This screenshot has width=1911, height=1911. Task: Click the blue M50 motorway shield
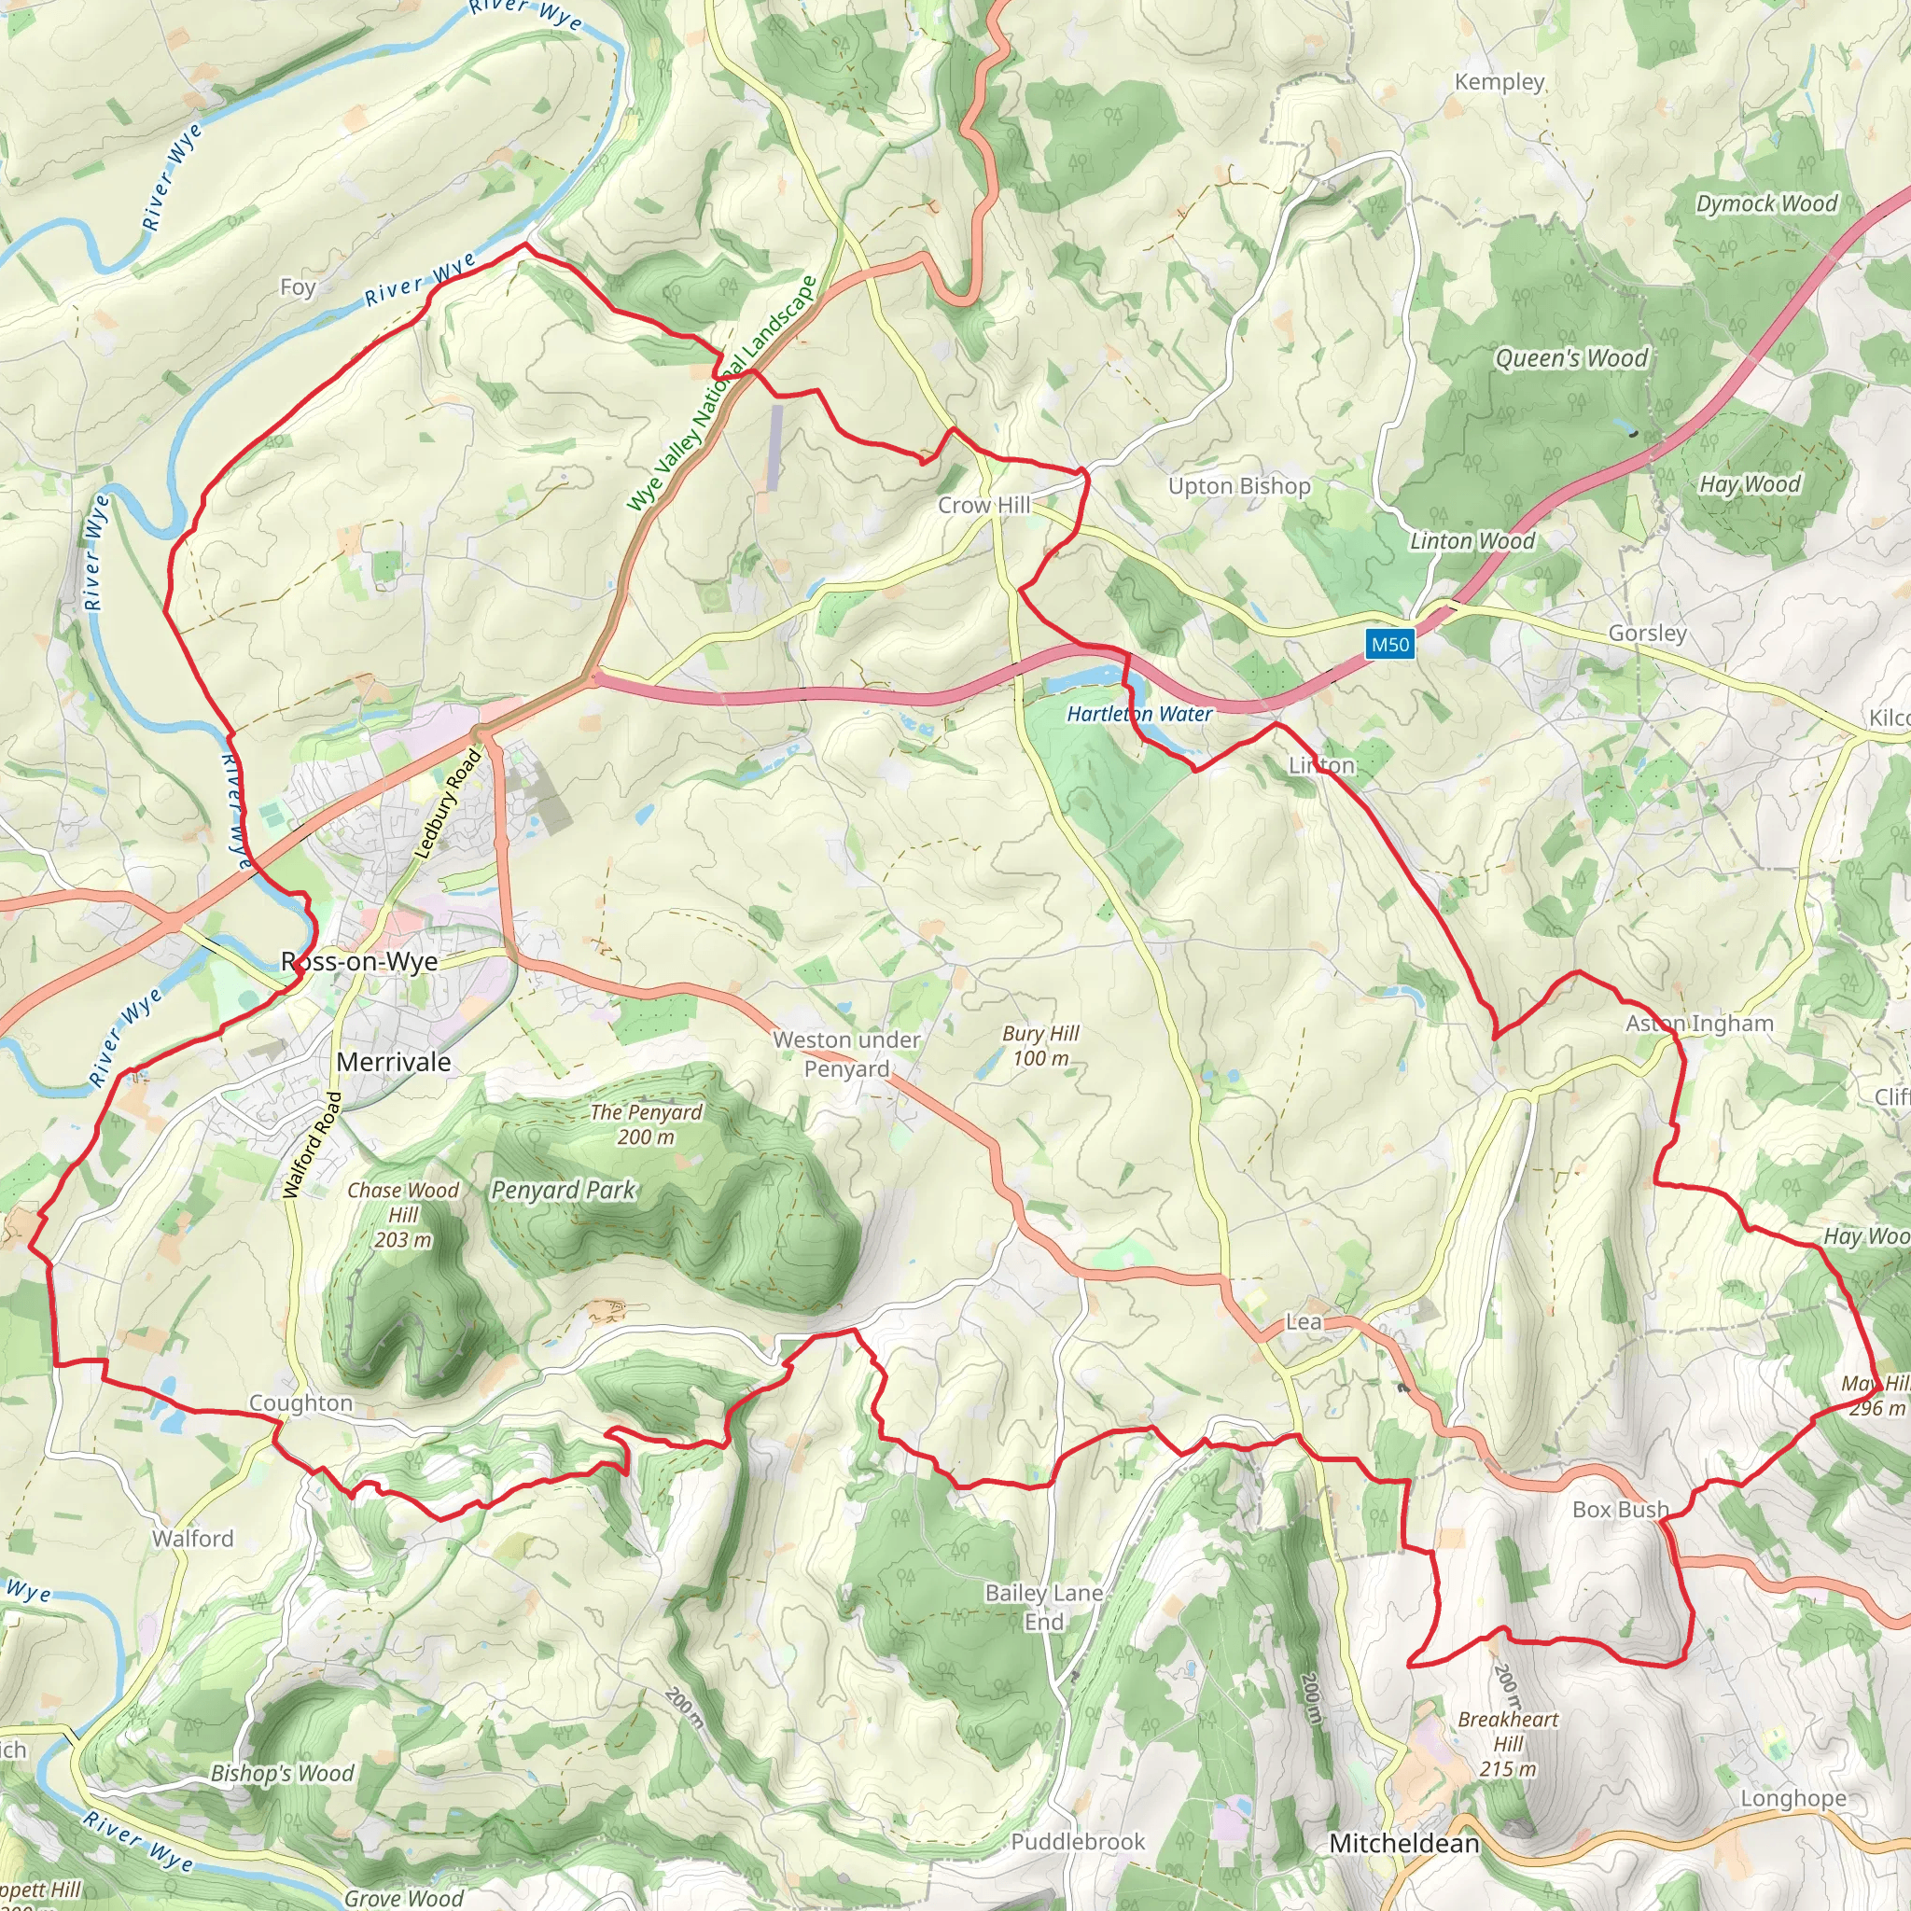point(1389,645)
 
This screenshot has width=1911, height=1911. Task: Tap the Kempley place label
point(1499,82)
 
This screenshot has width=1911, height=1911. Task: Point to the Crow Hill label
point(983,506)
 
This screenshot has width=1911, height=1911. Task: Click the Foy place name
point(297,286)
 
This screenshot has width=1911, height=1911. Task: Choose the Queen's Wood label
point(1570,358)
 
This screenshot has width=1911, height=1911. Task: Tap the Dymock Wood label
point(1766,203)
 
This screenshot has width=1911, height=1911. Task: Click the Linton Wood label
point(1472,541)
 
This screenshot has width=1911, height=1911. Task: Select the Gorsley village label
point(1647,633)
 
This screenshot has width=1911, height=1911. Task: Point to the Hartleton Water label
point(1138,714)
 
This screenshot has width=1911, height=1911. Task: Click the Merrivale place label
point(394,1062)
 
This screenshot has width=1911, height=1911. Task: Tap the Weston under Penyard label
point(846,1054)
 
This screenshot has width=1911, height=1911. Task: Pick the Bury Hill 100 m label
point(1040,1045)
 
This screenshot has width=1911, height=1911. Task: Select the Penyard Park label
point(563,1190)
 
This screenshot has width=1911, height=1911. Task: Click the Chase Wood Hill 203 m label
point(402,1215)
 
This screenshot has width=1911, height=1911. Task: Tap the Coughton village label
point(300,1402)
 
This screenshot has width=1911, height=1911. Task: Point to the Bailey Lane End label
point(1043,1608)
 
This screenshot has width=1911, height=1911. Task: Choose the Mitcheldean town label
point(1403,1844)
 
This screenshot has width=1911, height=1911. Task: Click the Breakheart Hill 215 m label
point(1508,1744)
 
